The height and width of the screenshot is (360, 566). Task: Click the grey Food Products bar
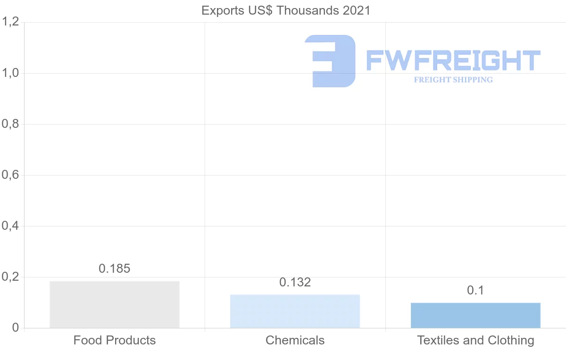pyautogui.click(x=115, y=304)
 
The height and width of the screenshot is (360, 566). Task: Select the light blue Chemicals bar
pyautogui.click(x=295, y=311)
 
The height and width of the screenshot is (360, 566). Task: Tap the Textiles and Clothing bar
pyautogui.click(x=475, y=315)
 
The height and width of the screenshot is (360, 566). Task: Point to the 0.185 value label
pyautogui.click(x=115, y=268)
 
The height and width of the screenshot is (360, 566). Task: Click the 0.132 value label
pyautogui.click(x=295, y=282)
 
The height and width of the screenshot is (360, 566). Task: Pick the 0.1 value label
pyautogui.click(x=475, y=290)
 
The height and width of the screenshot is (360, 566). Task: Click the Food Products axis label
pyautogui.click(x=115, y=340)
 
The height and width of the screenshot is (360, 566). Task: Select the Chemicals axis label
pyautogui.click(x=295, y=340)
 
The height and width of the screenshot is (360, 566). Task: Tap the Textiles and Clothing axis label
pyautogui.click(x=475, y=340)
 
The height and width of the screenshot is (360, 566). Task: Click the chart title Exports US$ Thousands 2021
pyautogui.click(x=286, y=10)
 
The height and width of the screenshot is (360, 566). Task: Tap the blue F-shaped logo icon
pyautogui.click(x=330, y=61)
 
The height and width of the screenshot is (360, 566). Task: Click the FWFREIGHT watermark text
pyautogui.click(x=453, y=61)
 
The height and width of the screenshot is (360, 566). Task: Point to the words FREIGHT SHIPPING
pyautogui.click(x=453, y=80)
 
